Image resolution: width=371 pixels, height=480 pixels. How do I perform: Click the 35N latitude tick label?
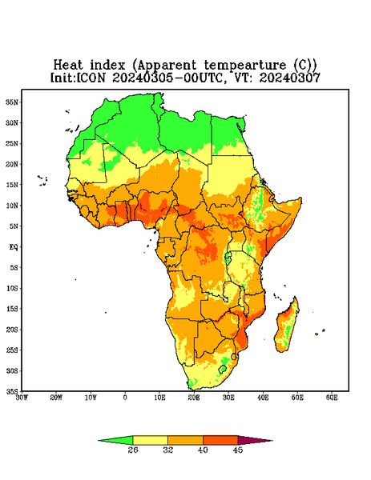click(13, 102)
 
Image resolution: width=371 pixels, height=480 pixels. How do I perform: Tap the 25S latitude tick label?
click(13, 350)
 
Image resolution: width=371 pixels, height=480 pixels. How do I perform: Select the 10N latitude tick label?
click(13, 206)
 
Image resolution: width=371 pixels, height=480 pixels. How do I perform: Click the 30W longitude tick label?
click(22, 398)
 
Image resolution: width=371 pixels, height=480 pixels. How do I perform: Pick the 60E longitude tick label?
click(332, 398)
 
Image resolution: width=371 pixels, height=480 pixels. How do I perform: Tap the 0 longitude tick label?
click(125, 398)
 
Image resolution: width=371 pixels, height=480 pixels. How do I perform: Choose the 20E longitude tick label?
click(194, 398)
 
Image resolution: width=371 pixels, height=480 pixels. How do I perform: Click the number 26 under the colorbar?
click(133, 450)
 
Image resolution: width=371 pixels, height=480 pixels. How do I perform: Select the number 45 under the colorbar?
click(238, 450)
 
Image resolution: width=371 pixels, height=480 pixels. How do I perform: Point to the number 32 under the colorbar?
click(168, 450)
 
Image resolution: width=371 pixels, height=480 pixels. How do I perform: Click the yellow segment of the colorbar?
click(150, 441)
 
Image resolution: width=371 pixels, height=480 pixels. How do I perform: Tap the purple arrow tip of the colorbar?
click(272, 441)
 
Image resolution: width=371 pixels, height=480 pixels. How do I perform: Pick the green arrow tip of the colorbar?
click(99, 441)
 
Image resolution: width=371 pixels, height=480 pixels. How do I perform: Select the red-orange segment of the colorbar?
click(220, 441)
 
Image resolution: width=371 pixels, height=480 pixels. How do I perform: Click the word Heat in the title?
click(68, 66)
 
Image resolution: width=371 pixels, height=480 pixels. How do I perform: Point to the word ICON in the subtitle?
click(91, 78)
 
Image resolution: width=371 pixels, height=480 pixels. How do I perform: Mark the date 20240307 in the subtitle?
click(290, 78)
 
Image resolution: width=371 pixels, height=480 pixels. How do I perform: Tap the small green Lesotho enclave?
click(223, 369)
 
